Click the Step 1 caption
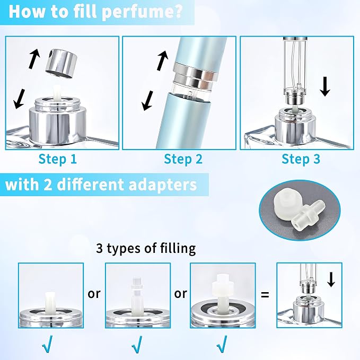click(57, 159)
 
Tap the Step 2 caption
click(183, 159)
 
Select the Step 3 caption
click(301, 159)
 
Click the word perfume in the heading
click(142, 12)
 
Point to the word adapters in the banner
click(163, 185)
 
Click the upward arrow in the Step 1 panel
click(34, 58)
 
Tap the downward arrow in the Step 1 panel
click(19, 99)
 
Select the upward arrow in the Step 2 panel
click(163, 60)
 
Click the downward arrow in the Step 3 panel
click(325, 86)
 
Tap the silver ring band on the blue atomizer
click(196, 75)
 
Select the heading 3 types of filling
click(146, 248)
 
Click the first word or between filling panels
click(94, 294)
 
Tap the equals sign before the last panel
click(265, 294)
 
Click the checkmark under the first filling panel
click(48, 344)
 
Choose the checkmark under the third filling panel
click(222, 344)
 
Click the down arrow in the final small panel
click(331, 279)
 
